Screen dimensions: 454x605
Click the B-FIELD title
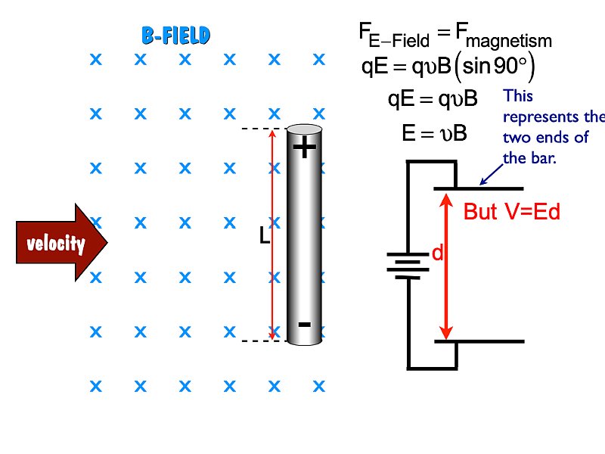point(175,35)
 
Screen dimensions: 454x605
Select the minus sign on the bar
point(304,325)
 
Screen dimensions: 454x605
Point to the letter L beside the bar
point(264,237)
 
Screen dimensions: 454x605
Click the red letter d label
point(436,254)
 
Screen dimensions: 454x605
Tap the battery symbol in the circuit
point(408,266)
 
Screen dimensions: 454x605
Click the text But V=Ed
point(512,212)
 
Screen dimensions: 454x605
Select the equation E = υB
point(435,134)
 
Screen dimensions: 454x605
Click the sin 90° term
point(496,67)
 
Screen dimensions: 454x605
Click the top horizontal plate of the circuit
point(478,188)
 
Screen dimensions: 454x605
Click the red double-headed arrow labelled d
point(446,265)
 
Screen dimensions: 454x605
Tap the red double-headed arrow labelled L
point(273,235)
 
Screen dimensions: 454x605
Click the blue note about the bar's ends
point(552,127)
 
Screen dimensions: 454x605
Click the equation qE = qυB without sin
point(432,99)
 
